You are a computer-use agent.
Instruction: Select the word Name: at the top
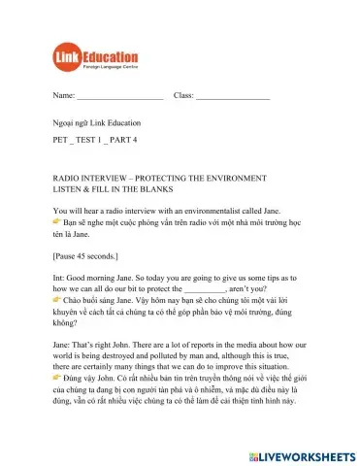[63, 96]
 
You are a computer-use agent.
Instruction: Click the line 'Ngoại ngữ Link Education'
[96, 123]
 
